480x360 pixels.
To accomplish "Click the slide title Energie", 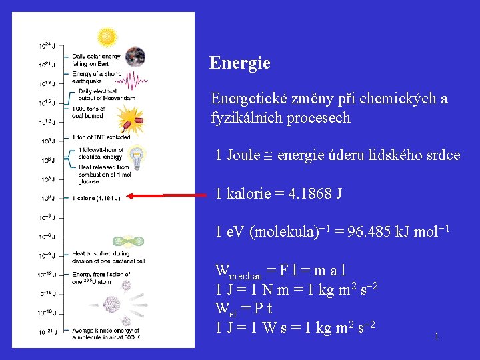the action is (x=240, y=63).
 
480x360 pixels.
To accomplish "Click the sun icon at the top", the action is (x=107, y=37).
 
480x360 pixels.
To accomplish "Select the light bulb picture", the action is (x=136, y=157).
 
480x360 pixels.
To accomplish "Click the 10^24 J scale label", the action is (x=47, y=47).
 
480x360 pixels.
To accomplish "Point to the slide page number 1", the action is (x=437, y=337).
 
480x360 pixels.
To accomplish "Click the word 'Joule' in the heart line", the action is (x=243, y=155).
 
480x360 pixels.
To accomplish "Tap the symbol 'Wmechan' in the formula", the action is (x=238, y=272).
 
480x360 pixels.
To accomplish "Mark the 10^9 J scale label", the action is (x=47, y=141).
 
